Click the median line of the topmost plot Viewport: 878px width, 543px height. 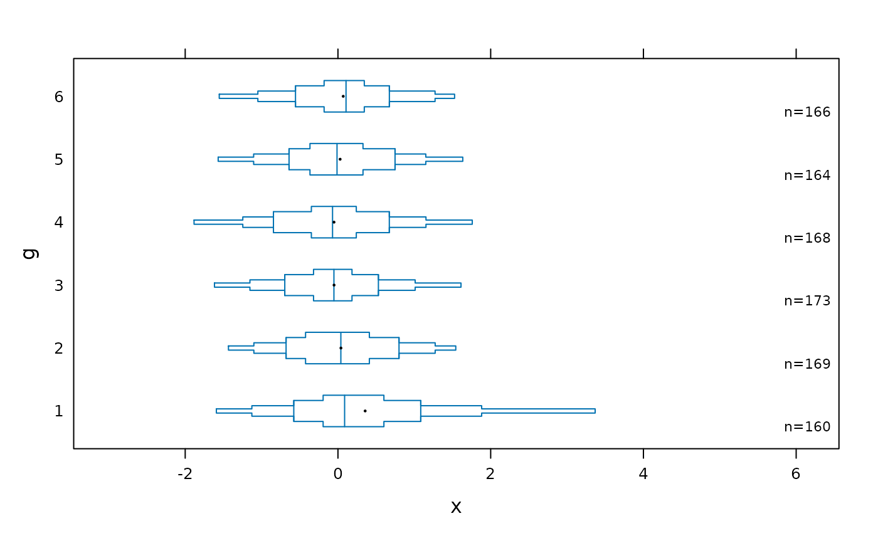[346, 96]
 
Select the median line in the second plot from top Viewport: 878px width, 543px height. [337, 159]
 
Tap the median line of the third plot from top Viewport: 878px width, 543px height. [332, 222]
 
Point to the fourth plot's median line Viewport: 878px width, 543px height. [334, 285]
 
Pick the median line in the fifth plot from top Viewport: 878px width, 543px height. [341, 348]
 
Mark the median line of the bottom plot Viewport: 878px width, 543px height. [344, 411]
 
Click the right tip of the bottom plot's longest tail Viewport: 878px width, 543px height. [595, 411]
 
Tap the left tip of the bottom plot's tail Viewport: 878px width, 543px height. [216, 411]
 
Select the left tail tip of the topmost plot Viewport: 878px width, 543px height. [219, 96]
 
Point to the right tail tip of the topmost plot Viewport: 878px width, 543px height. [454, 96]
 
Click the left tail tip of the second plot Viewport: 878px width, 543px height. [218, 159]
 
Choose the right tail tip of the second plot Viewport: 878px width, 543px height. [462, 159]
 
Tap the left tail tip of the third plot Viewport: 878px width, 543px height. [194, 222]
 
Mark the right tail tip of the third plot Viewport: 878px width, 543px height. [472, 222]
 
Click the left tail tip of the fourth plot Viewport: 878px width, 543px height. [214, 285]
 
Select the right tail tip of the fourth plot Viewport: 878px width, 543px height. [461, 285]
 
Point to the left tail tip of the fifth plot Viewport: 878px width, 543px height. [229, 348]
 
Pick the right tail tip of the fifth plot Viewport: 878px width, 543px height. [455, 348]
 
